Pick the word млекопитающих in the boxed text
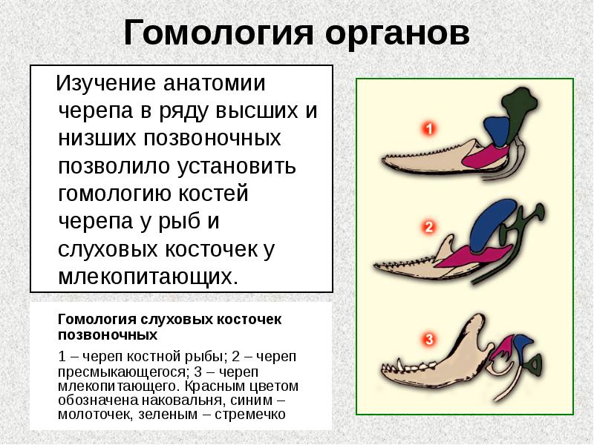149,277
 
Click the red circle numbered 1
428,129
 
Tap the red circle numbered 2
428,227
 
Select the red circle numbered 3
428,340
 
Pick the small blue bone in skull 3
523,342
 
